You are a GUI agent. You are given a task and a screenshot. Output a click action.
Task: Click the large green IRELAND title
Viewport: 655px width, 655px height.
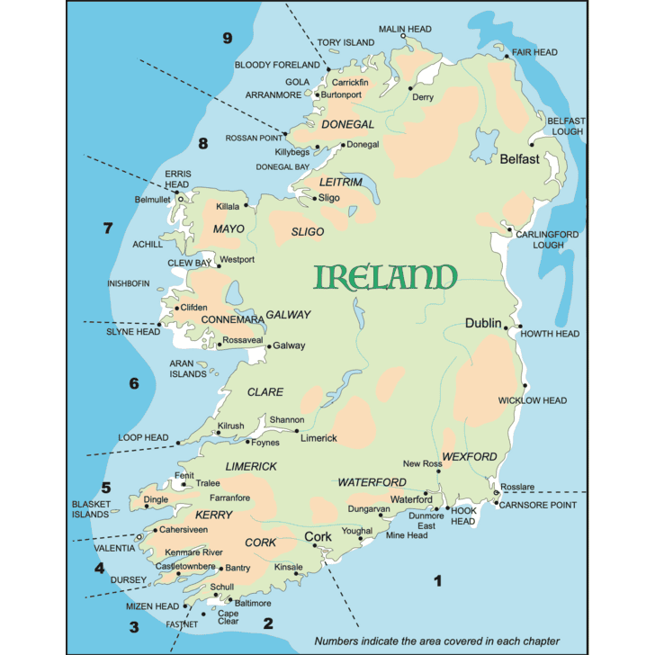385,277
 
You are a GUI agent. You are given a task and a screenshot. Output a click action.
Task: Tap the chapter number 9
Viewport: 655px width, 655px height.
228,38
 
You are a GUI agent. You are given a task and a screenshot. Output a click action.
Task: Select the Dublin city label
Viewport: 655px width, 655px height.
483,323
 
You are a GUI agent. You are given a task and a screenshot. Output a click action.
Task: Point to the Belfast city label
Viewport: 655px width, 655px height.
519,159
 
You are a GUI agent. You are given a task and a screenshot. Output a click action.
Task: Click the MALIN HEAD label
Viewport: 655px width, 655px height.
405,29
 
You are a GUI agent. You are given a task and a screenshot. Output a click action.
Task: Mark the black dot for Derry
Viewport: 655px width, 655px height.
411,88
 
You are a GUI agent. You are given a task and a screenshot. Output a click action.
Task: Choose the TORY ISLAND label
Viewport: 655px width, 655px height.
345,42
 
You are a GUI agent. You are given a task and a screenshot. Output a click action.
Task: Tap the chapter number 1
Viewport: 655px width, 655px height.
438,580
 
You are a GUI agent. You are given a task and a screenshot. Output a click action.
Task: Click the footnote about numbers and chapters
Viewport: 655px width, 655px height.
436,642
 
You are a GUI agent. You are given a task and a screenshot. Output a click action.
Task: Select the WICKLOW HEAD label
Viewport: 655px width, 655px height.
533,400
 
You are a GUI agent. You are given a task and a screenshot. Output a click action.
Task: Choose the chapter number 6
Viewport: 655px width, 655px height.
134,383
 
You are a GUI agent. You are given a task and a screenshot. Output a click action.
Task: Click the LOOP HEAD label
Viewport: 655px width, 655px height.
143,438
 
